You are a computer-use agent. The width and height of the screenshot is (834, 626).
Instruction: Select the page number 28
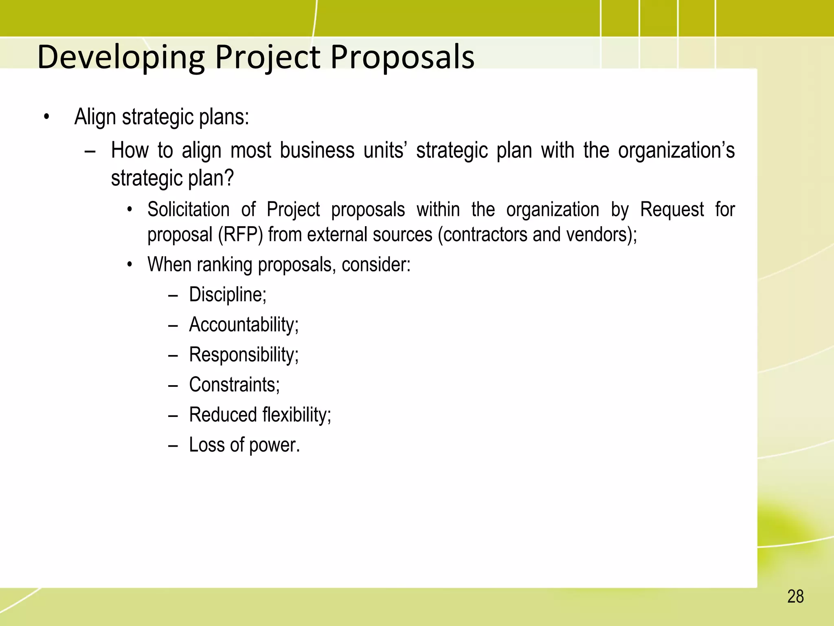click(795, 597)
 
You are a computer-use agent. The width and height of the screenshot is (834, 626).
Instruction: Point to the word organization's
click(676, 150)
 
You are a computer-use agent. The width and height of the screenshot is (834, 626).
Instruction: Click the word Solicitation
click(189, 210)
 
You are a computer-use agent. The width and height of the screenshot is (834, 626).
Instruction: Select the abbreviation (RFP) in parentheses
click(240, 235)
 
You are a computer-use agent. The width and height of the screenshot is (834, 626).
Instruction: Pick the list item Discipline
click(228, 295)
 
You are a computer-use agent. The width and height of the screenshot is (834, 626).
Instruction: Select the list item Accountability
click(244, 325)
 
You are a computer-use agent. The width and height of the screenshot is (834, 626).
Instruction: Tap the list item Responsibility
click(244, 355)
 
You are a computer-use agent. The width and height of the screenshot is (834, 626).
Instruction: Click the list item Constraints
click(234, 385)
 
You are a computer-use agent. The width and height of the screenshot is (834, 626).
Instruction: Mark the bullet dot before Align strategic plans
click(47, 117)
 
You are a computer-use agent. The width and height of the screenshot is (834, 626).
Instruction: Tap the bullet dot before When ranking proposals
click(129, 265)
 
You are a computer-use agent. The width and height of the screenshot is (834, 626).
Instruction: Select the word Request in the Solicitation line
click(672, 210)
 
